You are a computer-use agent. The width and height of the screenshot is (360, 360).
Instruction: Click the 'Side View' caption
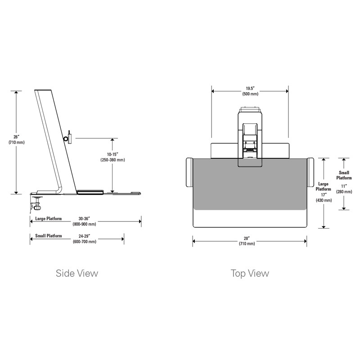(77, 273)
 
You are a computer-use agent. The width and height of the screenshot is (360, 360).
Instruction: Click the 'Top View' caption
(250, 274)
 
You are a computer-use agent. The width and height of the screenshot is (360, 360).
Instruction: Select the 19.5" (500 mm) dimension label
(250, 91)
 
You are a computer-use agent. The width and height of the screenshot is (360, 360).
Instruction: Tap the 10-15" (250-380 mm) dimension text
(112, 157)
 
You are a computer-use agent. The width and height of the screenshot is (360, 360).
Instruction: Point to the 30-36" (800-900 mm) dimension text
(84, 221)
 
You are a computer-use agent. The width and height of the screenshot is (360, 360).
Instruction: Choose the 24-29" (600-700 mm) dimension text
(85, 239)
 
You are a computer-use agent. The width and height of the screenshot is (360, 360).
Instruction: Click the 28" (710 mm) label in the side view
(17, 139)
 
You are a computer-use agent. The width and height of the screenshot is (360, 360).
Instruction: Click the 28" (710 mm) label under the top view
(247, 241)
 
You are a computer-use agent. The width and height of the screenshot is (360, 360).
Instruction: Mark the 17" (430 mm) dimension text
(324, 198)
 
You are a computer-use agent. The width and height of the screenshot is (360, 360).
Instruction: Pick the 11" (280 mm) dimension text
(344, 189)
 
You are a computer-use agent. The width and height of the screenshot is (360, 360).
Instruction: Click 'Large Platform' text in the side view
(49, 219)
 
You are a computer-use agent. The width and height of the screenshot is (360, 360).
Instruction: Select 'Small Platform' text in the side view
(49, 236)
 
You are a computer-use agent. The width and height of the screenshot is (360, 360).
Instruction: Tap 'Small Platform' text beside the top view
(344, 175)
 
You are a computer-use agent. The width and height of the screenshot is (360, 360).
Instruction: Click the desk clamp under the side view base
(36, 203)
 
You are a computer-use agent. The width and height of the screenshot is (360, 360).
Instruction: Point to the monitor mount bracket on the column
(68, 138)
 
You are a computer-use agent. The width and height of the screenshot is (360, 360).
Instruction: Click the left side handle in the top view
(189, 173)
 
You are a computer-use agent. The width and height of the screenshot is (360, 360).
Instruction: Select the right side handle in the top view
(310, 173)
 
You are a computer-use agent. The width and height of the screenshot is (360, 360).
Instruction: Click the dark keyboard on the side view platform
(90, 192)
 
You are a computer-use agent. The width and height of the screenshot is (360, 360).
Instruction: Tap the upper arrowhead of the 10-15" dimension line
(112, 140)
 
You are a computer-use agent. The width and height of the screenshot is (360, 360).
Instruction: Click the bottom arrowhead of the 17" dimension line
(324, 227)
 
